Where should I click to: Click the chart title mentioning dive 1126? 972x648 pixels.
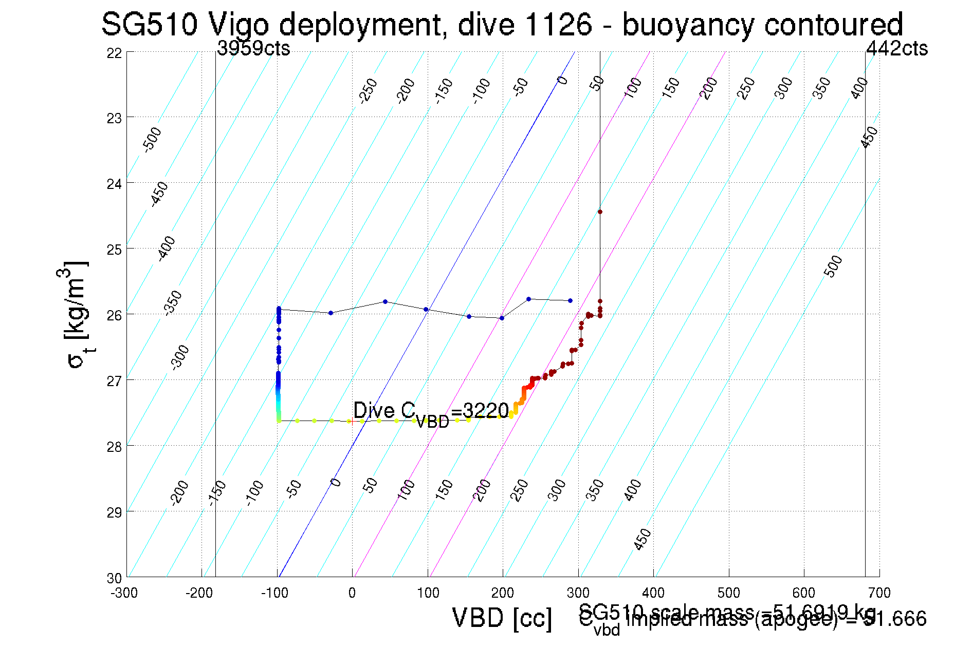click(502, 24)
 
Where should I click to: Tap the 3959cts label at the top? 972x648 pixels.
click(253, 48)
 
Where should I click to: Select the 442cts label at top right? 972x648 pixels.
click(896, 48)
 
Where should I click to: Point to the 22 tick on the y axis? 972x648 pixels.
click(115, 53)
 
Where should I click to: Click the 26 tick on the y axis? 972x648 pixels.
click(115, 315)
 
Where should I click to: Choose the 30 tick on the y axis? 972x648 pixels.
click(115, 578)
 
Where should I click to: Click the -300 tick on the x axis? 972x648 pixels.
click(124, 593)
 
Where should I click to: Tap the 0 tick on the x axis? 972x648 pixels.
click(352, 593)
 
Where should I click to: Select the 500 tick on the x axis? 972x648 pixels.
click(728, 593)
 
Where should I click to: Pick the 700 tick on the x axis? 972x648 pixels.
click(879, 593)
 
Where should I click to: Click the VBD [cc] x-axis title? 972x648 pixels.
click(502, 618)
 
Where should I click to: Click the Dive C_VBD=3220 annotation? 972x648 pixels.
click(431, 412)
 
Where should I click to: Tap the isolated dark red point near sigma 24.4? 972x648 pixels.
click(600, 212)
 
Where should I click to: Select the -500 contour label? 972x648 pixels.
click(152, 140)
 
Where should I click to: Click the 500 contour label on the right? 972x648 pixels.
click(833, 266)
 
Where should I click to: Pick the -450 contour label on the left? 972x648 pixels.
click(159, 194)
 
